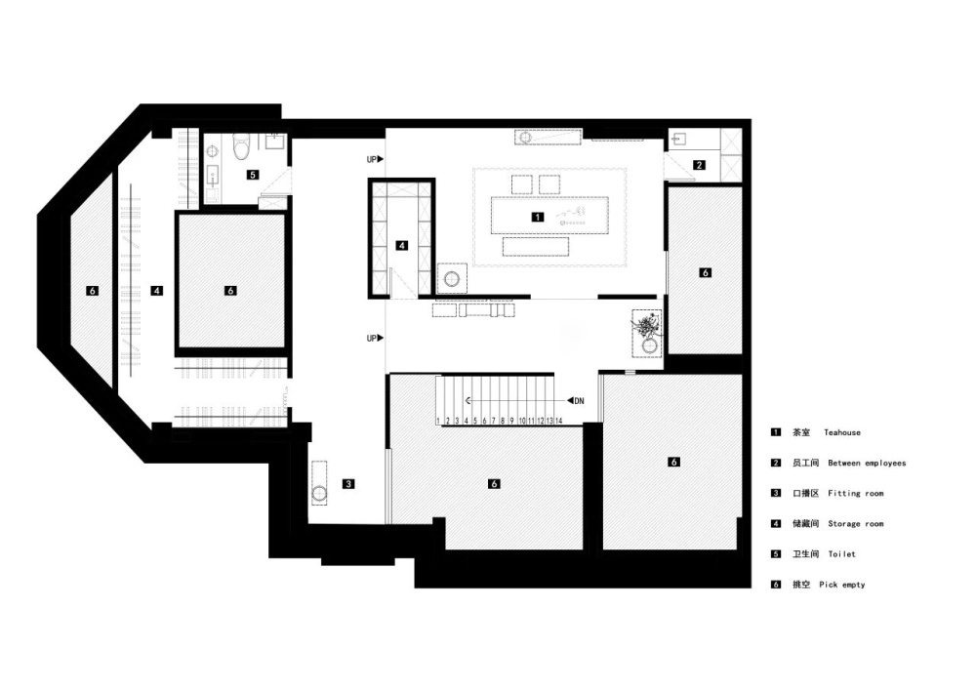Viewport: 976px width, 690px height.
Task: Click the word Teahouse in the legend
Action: (842, 432)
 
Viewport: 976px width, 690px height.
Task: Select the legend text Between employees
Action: (867, 463)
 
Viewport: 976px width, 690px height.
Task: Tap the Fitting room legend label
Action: (856, 494)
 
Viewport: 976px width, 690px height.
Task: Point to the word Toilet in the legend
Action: (841, 554)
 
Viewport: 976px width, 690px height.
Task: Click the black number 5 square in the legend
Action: (776, 554)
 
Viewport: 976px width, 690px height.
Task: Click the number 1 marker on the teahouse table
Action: (536, 217)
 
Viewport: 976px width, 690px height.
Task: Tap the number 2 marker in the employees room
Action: (699, 165)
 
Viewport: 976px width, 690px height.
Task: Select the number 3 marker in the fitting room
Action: (347, 483)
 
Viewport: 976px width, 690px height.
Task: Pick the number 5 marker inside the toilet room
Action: (253, 175)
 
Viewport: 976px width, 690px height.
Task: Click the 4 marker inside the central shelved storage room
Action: (401, 246)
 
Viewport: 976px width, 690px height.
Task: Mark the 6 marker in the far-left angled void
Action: (92, 290)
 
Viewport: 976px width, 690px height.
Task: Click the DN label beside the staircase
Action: (578, 400)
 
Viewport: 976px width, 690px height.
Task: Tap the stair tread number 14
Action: (558, 421)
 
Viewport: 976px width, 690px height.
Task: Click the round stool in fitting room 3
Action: (319, 492)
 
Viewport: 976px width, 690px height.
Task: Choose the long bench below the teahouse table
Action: (535, 247)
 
